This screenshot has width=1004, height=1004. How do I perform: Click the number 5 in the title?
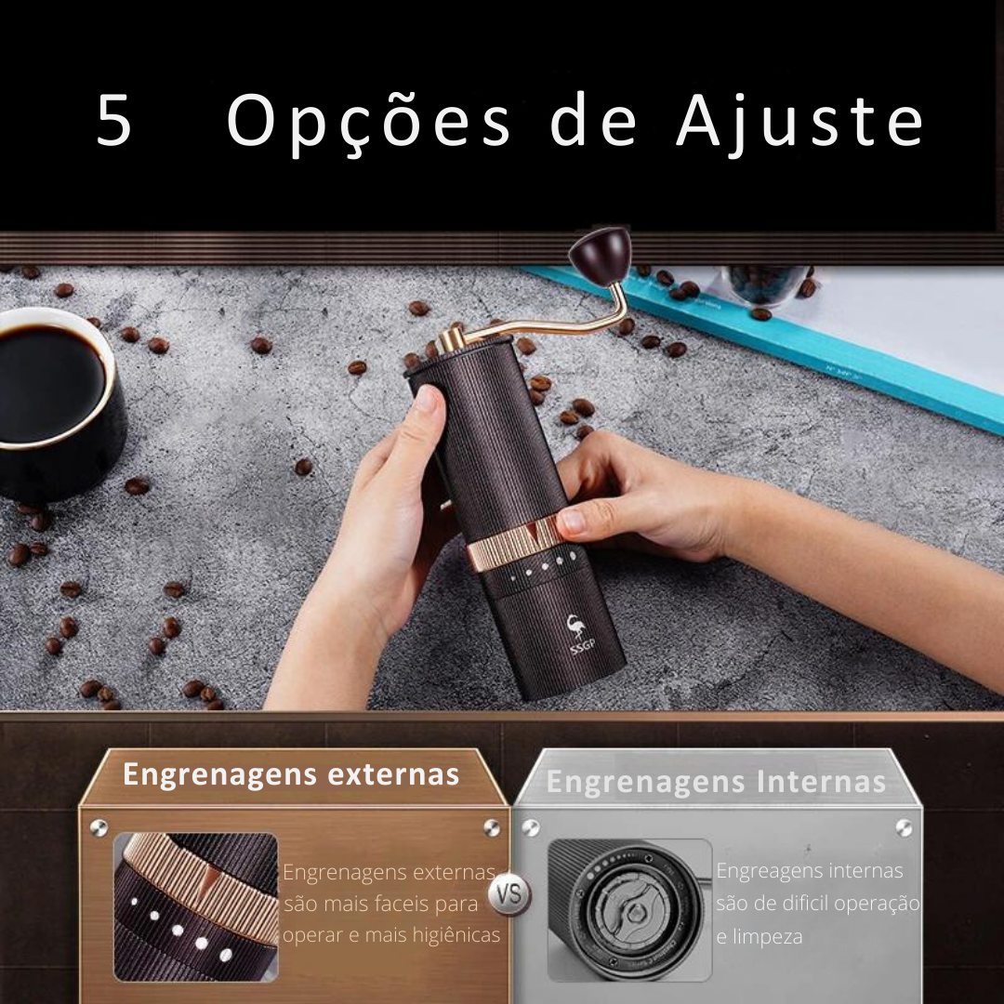pyautogui.click(x=114, y=122)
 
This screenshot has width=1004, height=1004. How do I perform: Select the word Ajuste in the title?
pyautogui.click(x=799, y=122)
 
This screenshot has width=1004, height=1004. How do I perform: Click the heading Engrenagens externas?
pyautogui.click(x=291, y=774)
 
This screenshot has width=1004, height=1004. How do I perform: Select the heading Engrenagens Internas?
pyautogui.click(x=716, y=783)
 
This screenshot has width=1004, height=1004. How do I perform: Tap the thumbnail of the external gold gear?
pyautogui.click(x=196, y=906)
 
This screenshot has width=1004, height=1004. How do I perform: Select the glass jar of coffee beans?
pyautogui.click(x=764, y=283)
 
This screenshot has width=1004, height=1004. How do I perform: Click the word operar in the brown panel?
pyautogui.click(x=311, y=935)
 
